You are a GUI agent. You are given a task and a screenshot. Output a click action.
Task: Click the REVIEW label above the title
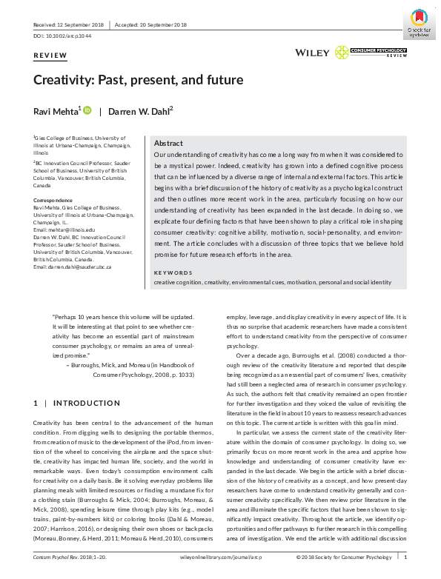tap(50, 56)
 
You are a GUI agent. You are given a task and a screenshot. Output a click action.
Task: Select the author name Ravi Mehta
tap(56, 111)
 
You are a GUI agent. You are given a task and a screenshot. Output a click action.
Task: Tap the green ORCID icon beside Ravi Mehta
tap(87, 110)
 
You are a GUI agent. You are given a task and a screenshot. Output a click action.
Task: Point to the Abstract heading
tap(168, 143)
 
